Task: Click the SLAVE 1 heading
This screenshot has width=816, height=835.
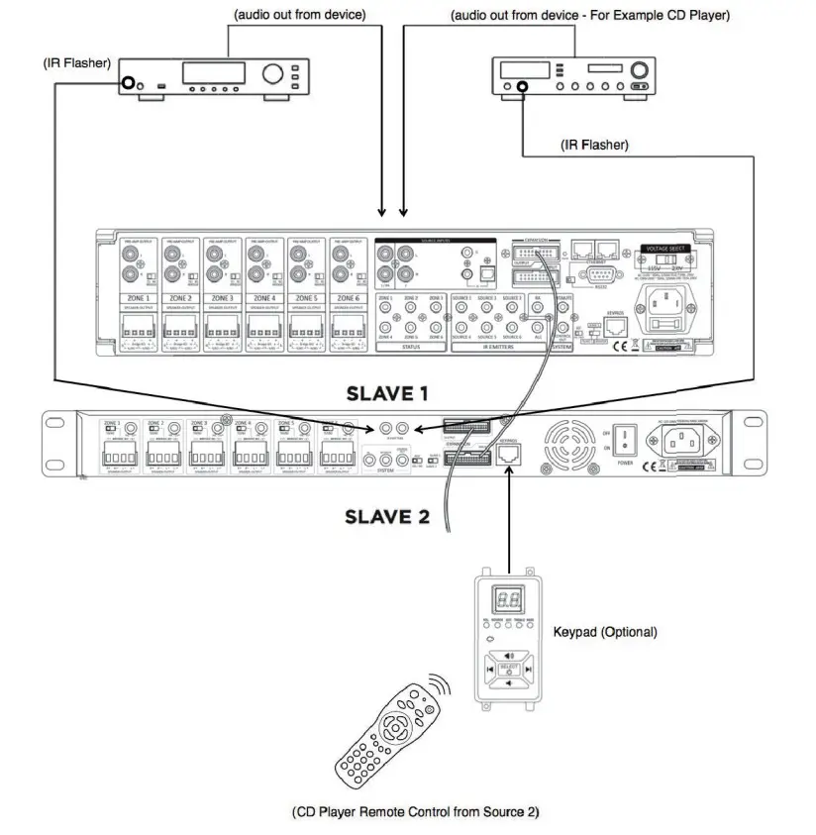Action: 386,393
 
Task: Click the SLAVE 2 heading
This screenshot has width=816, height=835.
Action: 386,516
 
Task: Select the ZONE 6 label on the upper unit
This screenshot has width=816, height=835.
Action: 350,298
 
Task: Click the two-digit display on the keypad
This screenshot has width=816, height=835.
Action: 508,599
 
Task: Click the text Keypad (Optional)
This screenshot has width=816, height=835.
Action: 605,631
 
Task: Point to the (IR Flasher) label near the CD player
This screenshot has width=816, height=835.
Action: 594,145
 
